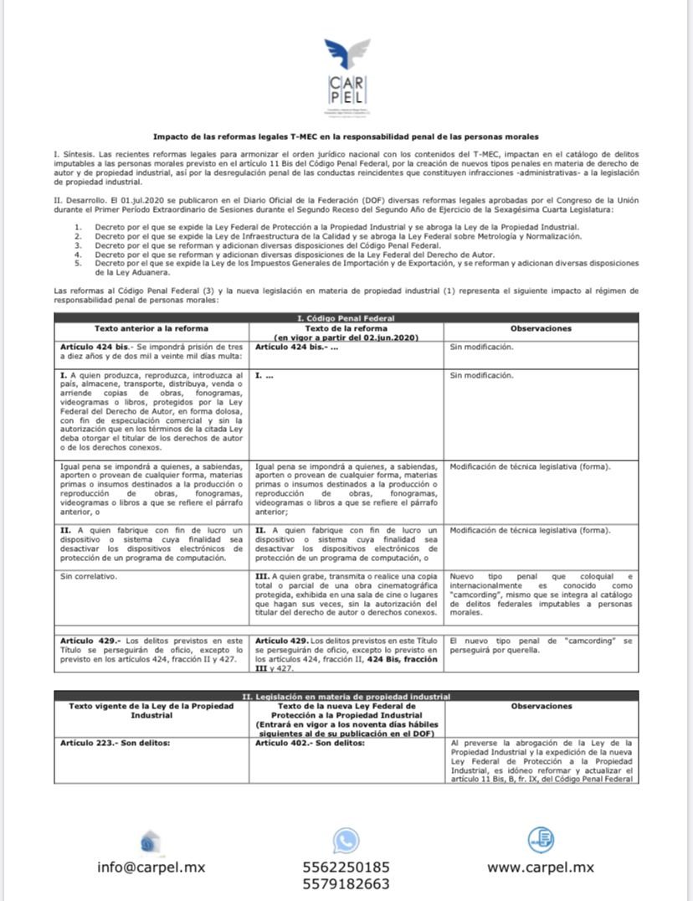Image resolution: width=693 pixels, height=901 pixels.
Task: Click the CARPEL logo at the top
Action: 346,76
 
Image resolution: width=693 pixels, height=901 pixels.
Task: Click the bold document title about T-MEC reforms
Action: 346,136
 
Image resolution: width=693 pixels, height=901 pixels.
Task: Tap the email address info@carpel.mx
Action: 151,867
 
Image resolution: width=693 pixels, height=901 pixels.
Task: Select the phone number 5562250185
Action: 346,867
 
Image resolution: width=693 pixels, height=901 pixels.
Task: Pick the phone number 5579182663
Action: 346,884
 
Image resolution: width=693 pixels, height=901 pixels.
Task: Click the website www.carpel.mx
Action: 541,867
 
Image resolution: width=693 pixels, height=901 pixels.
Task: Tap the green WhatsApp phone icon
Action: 345,839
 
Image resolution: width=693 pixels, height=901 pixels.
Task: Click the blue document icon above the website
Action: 541,838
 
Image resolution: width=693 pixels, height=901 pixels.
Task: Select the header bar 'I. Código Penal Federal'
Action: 346,318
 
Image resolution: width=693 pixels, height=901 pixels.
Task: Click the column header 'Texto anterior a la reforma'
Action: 151,328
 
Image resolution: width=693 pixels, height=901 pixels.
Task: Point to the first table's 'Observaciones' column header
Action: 541,328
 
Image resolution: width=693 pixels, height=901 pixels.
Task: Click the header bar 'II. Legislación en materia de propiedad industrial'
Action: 346,697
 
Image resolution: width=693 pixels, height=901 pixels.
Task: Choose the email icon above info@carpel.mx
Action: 151,839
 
